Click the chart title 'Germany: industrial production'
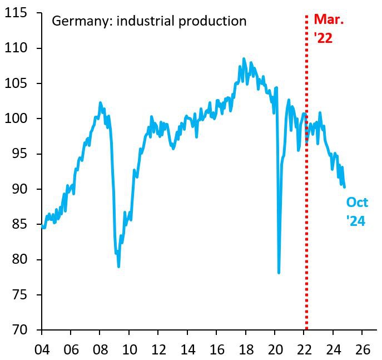[148, 22]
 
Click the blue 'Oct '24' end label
[356, 211]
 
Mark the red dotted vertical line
[306, 167]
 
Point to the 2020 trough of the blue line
[279, 273]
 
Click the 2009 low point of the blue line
[119, 267]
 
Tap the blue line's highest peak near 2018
[244, 58]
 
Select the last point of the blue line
[345, 187]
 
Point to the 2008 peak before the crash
[100, 102]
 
